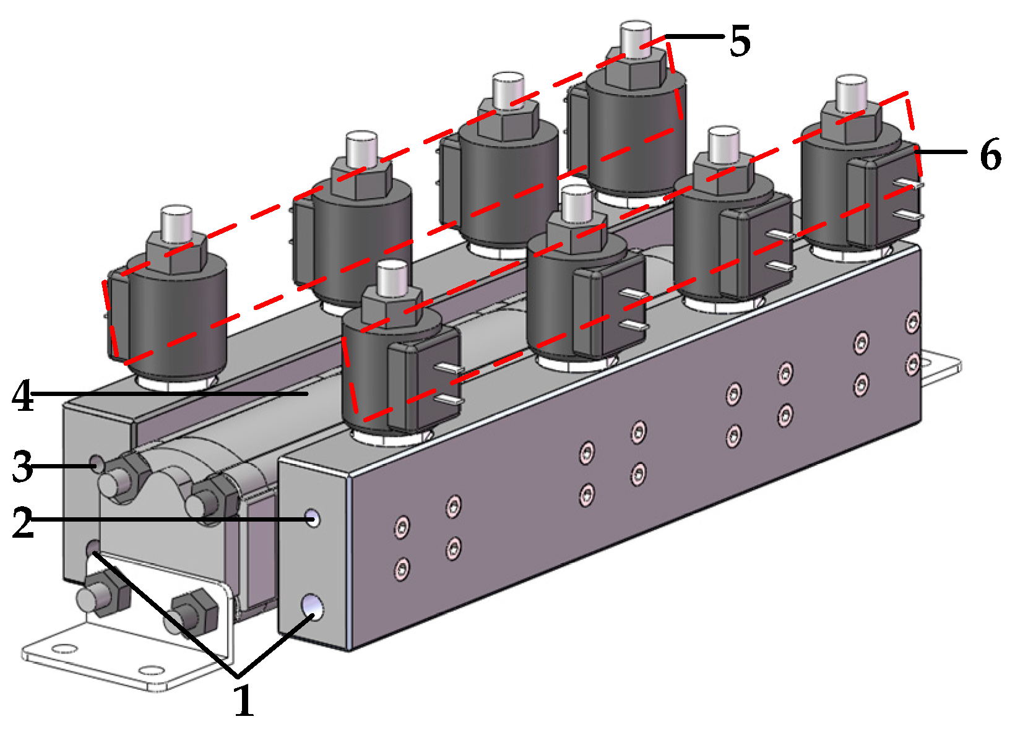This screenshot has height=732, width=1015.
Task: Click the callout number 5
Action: (740, 41)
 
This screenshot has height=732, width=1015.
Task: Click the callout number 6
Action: (990, 155)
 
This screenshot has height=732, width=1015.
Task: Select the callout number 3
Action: (23, 467)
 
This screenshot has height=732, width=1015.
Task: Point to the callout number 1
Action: (244, 700)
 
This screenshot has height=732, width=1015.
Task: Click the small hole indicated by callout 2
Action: (314, 518)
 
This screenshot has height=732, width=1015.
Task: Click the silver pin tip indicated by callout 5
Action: (636, 38)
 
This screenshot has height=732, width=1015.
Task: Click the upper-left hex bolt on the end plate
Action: (124, 480)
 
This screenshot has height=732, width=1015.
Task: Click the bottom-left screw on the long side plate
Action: (402, 567)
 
